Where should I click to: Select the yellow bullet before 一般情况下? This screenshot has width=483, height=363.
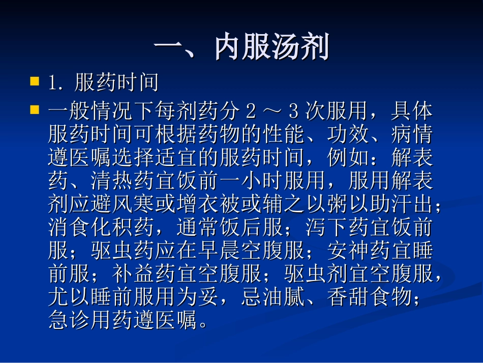35,109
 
